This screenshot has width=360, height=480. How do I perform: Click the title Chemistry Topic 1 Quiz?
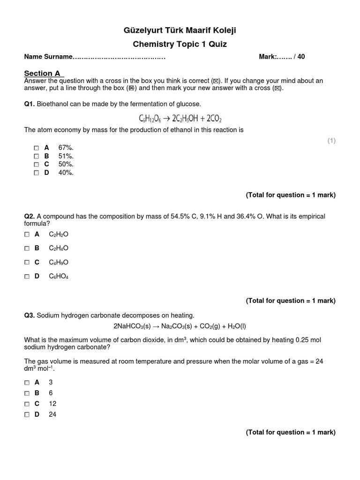coord(180,44)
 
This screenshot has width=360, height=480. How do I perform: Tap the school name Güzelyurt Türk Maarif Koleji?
coord(180,31)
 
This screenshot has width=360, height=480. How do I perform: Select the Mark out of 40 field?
coord(282,57)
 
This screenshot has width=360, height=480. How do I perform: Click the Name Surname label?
coord(48,57)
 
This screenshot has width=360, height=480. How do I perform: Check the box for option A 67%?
coord(37,148)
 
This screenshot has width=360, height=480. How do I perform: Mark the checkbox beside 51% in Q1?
coord(37,156)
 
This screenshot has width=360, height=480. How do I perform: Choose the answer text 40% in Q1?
coord(66,172)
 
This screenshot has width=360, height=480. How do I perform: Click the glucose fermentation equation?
coord(180,117)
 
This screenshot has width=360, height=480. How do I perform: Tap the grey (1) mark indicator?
coord(331,141)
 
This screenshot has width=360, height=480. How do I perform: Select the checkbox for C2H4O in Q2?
coord(27,248)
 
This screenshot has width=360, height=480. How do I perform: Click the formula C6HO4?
coord(59,277)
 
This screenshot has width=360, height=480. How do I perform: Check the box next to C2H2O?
coord(27,234)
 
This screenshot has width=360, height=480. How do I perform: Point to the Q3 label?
coord(30,315)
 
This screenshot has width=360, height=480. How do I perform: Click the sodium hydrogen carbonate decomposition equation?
coord(180,326)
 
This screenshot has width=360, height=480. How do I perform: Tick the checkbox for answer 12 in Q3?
coord(27,404)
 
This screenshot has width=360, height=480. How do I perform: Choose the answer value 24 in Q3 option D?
coord(52,414)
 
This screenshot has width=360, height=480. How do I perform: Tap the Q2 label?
coord(30,217)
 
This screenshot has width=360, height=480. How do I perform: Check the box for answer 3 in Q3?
coord(27,382)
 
